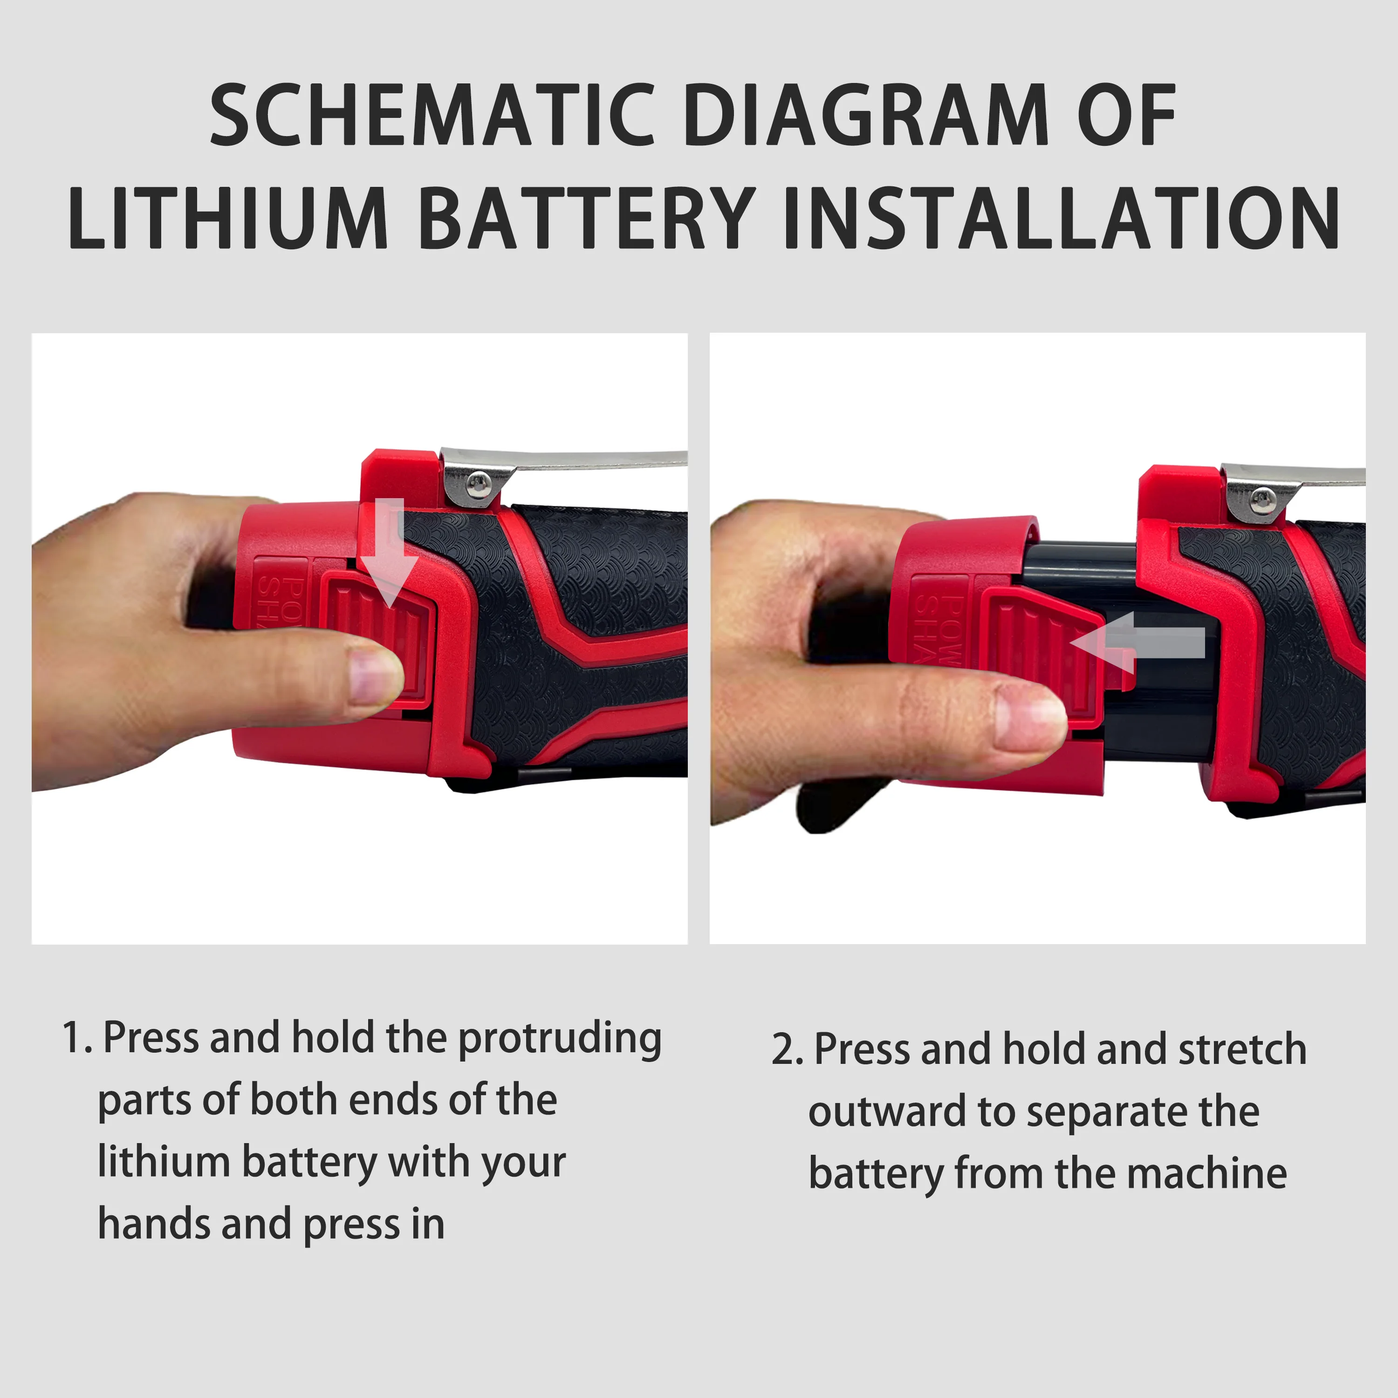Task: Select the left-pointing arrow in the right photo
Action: coord(1137,643)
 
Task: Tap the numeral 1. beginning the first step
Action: coord(77,1038)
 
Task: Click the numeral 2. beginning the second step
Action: coord(787,1050)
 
